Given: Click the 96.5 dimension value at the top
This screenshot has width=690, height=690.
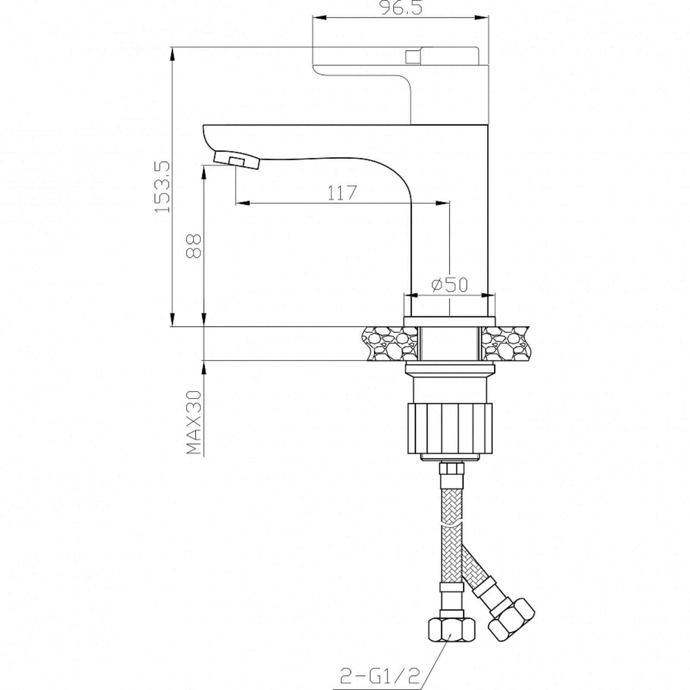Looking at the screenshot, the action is [401, 8].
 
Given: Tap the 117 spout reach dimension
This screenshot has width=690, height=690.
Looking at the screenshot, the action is [342, 193].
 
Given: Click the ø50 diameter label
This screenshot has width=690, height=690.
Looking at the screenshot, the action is [449, 284].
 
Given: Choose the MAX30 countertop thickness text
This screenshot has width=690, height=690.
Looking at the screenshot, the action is [194, 423].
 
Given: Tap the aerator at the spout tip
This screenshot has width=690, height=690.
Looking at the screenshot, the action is [236, 160].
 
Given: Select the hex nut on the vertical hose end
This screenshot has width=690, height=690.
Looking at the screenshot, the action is [451, 636].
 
